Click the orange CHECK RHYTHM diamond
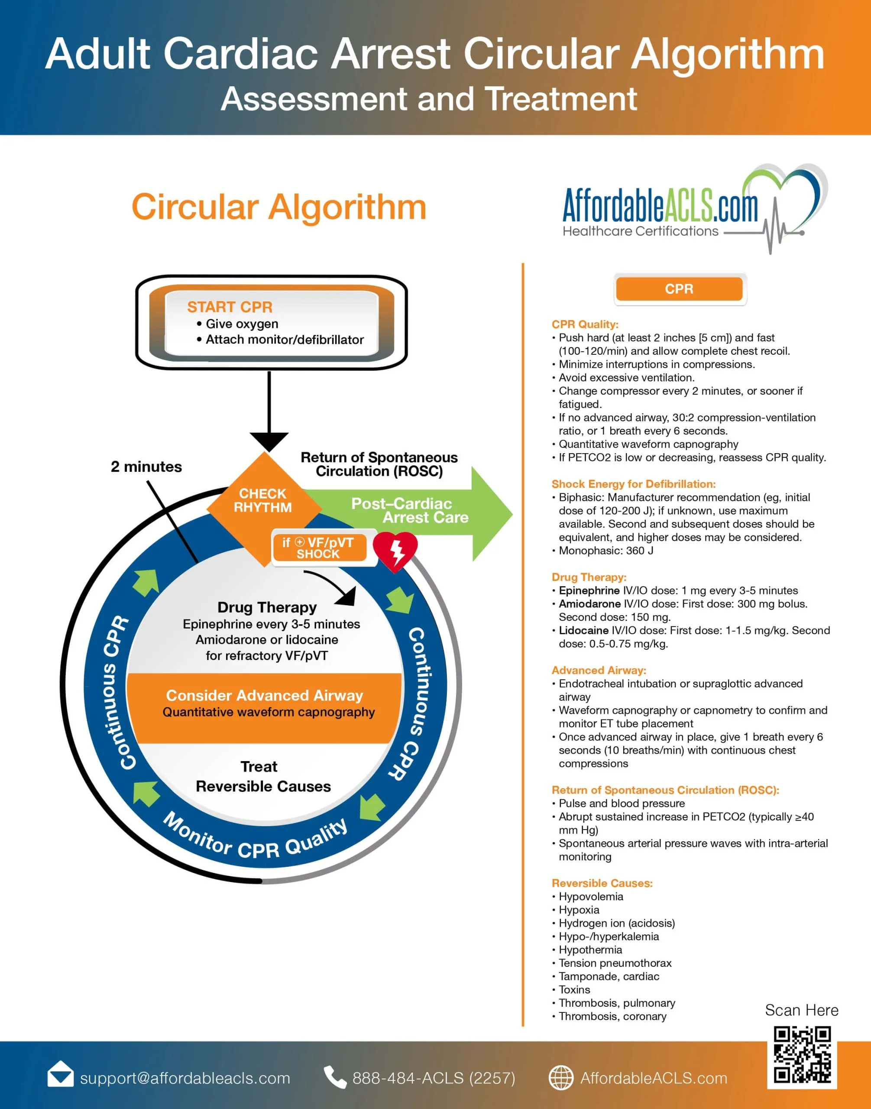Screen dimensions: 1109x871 (x=264, y=502)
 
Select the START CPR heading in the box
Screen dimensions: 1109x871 (x=230, y=307)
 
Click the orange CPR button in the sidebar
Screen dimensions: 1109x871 (x=679, y=289)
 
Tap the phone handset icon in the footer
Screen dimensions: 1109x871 (x=334, y=1077)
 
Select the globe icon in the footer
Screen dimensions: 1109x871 (x=560, y=1078)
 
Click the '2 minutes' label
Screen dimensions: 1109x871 (x=146, y=467)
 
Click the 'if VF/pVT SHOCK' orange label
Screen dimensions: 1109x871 (x=319, y=548)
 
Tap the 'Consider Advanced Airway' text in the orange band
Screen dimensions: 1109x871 (x=264, y=696)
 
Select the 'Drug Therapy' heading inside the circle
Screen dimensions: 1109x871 (x=267, y=607)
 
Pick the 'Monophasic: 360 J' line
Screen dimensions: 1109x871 (x=606, y=551)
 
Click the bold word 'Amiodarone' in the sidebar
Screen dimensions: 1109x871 (x=589, y=604)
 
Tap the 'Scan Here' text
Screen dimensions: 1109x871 (x=801, y=1010)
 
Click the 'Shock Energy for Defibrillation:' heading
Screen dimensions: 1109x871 (x=633, y=484)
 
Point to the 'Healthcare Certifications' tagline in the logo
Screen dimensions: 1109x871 (x=640, y=231)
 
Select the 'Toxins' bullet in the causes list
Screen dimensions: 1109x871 (x=574, y=989)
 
